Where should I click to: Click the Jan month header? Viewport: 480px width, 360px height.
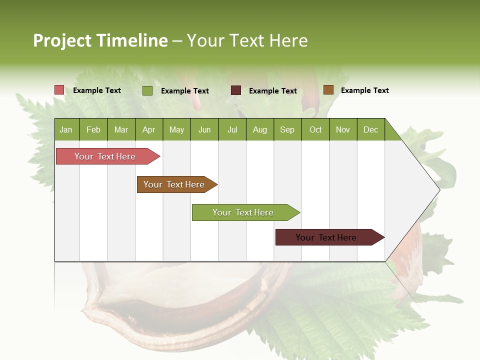click(x=66, y=129)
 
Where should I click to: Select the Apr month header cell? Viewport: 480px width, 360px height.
click(x=149, y=129)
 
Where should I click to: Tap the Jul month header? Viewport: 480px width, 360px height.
click(x=232, y=129)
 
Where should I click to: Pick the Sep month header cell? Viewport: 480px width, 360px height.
click(x=287, y=129)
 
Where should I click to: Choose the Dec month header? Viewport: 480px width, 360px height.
click(x=370, y=129)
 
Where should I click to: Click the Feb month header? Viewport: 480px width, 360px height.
click(x=93, y=129)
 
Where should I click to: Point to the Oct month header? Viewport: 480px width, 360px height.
click(x=315, y=129)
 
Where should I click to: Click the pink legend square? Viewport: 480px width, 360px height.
click(x=59, y=90)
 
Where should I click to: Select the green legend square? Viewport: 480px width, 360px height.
click(x=147, y=90)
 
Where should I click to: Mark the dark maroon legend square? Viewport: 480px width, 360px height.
click(x=236, y=90)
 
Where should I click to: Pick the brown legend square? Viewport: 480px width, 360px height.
click(x=328, y=90)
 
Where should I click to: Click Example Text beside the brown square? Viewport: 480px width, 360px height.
click(x=364, y=90)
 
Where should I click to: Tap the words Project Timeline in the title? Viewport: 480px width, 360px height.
click(x=100, y=40)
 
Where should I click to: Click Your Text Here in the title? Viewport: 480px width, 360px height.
click(x=247, y=40)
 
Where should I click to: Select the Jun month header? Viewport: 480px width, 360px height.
click(x=204, y=129)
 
